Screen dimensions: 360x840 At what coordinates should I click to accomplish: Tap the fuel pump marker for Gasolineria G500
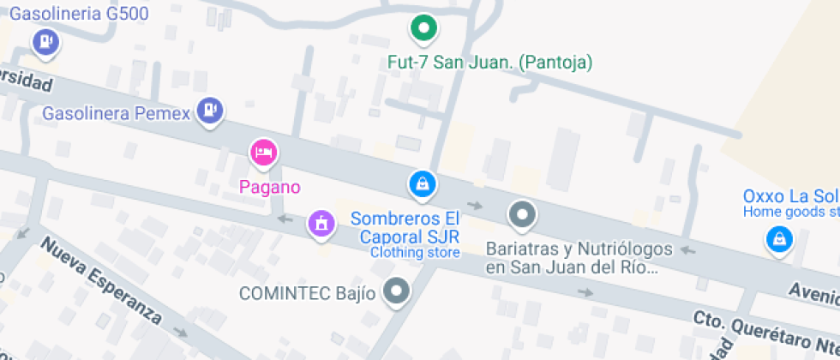coord(44,41)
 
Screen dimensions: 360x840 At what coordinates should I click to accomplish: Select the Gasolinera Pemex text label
coord(116,113)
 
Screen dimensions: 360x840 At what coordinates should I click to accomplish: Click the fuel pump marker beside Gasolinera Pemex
coord(209,111)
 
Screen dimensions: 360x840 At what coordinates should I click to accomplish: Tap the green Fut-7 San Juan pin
coord(422,29)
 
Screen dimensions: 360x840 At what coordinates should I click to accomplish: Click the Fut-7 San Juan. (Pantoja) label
coord(490,62)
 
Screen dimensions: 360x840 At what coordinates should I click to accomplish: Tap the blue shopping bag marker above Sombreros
coord(421,183)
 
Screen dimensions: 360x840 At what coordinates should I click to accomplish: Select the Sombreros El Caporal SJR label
coord(405,227)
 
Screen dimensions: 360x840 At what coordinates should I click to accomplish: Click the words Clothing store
coord(415,253)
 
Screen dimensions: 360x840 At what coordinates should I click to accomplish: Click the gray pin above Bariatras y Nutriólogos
coord(521,214)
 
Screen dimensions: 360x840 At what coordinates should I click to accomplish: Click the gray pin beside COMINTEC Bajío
coord(396,292)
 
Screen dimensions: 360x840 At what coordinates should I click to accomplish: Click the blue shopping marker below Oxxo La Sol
coord(777,240)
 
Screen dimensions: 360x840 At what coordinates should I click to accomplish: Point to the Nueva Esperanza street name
coord(100,282)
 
